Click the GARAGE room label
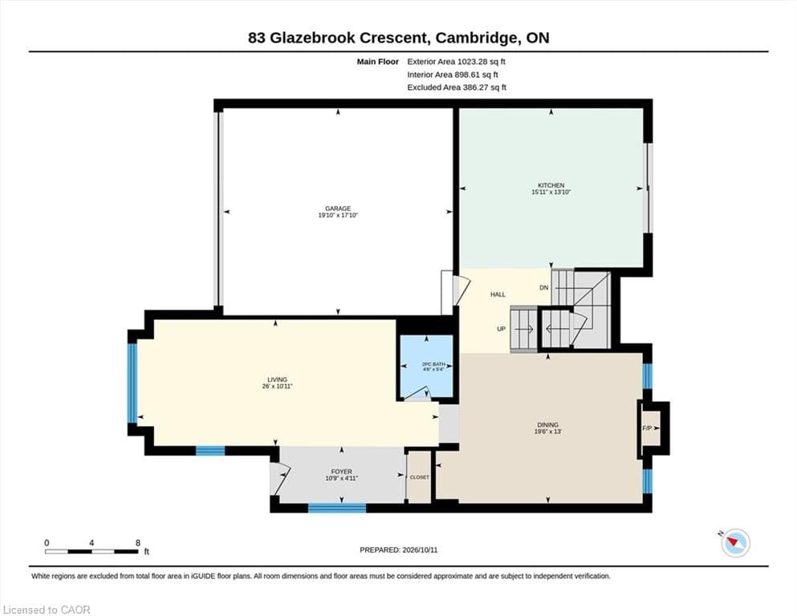tap(338, 209)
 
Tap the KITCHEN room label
tap(551, 185)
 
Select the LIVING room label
tap(278, 379)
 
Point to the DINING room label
tap(547, 424)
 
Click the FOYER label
tap(342, 472)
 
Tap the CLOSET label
tap(419, 477)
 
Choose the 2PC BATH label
tap(433, 364)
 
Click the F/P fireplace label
tap(647, 428)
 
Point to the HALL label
tap(498, 294)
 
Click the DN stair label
tap(544, 287)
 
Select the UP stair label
tap(501, 329)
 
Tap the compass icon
tap(735, 542)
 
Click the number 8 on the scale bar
tap(138, 543)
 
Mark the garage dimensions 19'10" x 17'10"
tap(338, 215)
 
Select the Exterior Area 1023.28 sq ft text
tap(456, 62)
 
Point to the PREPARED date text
tap(398, 550)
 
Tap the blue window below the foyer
tap(337, 508)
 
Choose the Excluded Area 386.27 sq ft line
tap(457, 87)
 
